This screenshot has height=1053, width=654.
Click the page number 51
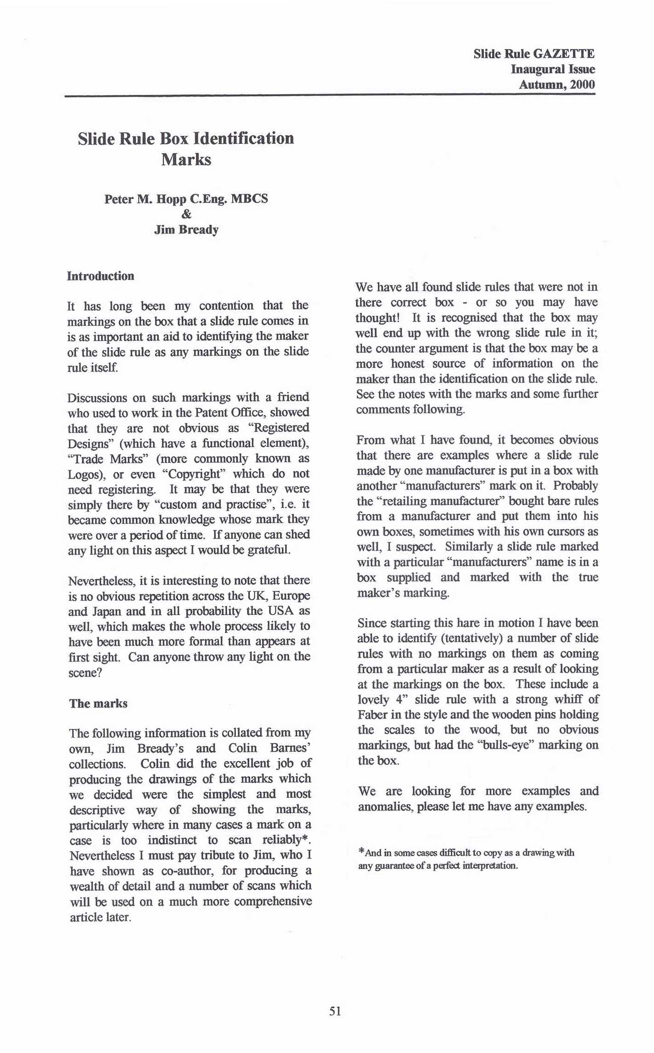[x=335, y=1011]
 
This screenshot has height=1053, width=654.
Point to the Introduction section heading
[x=100, y=276]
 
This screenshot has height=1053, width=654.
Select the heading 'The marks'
[x=98, y=704]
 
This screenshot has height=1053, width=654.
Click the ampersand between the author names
[x=186, y=214]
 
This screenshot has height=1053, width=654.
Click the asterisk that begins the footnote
[x=361, y=851]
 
